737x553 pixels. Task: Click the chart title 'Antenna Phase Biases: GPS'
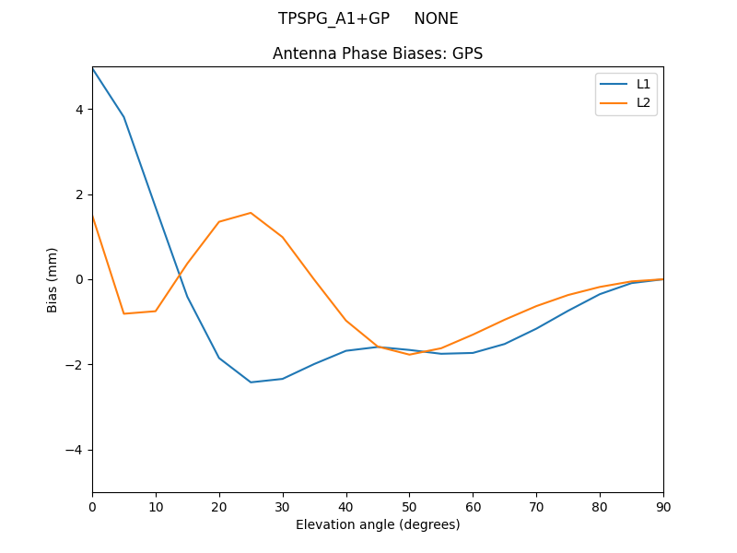pyautogui.click(x=378, y=53)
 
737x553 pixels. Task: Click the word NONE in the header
pyautogui.click(x=436, y=18)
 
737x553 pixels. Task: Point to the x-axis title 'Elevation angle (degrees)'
pyautogui.click(x=378, y=524)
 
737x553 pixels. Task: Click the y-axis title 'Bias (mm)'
pyautogui.click(x=53, y=279)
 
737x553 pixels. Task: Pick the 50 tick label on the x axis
pyautogui.click(x=409, y=506)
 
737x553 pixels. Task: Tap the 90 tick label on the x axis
pyautogui.click(x=663, y=506)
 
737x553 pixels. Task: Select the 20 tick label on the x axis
pyautogui.click(x=219, y=506)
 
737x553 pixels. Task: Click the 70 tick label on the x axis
pyautogui.click(x=536, y=506)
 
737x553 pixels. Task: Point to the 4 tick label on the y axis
pyautogui.click(x=79, y=110)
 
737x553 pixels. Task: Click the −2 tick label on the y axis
pyautogui.click(x=76, y=365)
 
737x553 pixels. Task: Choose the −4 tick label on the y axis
pyautogui.click(x=76, y=450)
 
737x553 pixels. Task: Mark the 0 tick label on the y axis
pyautogui.click(x=79, y=279)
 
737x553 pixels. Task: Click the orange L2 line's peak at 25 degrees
pyautogui.click(x=251, y=213)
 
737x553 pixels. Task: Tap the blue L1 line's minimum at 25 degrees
pyautogui.click(x=251, y=382)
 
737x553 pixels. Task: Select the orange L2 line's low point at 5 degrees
pyautogui.click(x=124, y=313)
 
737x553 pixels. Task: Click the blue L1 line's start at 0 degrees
pyautogui.click(x=93, y=69)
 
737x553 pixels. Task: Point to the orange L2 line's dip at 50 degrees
pyautogui.click(x=409, y=355)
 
